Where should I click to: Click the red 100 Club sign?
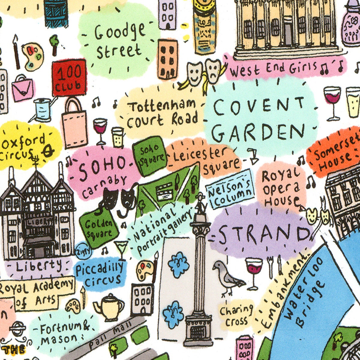69,78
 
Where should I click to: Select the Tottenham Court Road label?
162,114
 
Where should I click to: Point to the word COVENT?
259,106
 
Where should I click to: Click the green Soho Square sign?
149,154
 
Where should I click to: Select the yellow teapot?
109,306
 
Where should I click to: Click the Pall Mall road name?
111,335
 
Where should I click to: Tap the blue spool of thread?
43,110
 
